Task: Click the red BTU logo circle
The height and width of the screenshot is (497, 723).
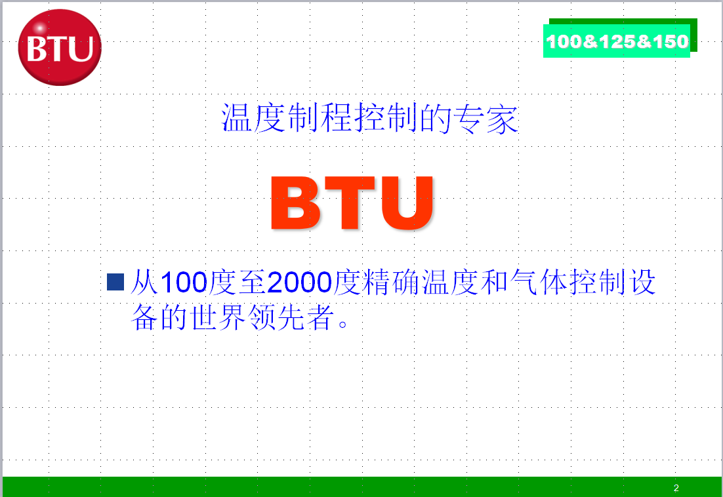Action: pos(60,47)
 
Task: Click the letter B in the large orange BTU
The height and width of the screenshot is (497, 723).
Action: pos(295,203)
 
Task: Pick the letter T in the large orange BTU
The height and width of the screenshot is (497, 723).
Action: pos(349,203)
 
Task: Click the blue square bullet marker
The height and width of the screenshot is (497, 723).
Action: pos(115,282)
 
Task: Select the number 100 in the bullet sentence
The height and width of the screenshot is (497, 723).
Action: pos(184,283)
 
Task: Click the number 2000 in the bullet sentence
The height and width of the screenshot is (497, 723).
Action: pos(300,283)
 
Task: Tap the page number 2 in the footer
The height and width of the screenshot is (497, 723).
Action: pos(676,488)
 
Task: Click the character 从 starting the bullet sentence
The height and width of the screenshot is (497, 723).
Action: pos(145,282)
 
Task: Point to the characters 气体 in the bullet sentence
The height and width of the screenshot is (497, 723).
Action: pos(538,282)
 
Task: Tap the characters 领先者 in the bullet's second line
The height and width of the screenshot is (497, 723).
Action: pos(291,317)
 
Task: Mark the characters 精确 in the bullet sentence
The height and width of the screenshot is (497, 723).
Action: pos(392,282)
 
